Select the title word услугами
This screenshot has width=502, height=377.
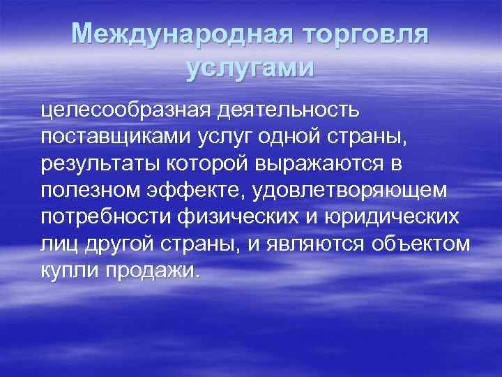pyautogui.click(x=251, y=68)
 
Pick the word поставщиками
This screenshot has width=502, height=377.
pyautogui.click(x=111, y=137)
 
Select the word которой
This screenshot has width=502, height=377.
pyautogui.click(x=209, y=164)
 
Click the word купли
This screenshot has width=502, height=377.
pyautogui.click(x=62, y=271)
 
